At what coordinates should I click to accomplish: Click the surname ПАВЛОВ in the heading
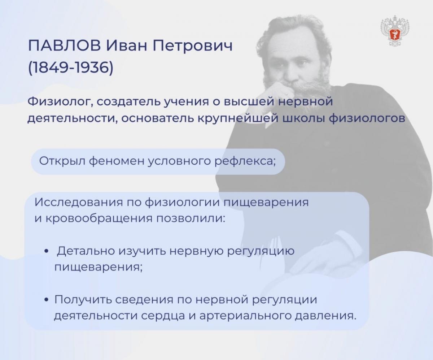(65, 45)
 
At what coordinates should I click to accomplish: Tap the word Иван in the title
(127, 45)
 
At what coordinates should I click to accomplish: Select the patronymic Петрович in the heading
(193, 46)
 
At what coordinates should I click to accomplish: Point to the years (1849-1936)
(71, 68)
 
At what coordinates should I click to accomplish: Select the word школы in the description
(304, 119)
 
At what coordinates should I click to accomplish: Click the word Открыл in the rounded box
(62, 161)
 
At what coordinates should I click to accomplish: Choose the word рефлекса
(245, 161)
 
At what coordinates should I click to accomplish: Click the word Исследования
(79, 202)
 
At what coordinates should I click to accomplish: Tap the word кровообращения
(99, 219)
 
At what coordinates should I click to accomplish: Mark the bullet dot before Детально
(47, 251)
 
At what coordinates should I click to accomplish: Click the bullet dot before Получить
(47, 300)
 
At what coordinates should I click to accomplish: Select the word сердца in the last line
(163, 316)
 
